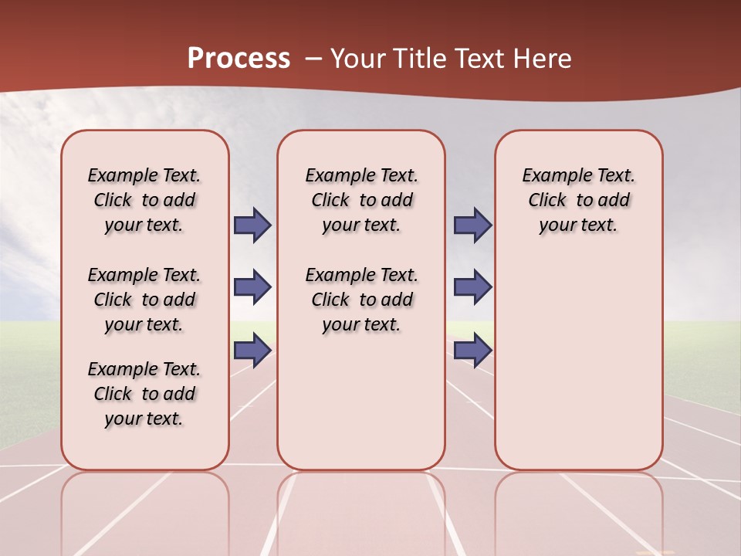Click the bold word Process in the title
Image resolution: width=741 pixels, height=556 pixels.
[x=239, y=59]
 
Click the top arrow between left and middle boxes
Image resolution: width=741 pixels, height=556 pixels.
[x=252, y=225]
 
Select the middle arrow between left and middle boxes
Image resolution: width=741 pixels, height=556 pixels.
[x=252, y=287]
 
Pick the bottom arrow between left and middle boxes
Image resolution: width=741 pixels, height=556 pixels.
[x=252, y=351]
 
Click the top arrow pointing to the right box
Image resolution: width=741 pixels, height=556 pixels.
[x=472, y=225]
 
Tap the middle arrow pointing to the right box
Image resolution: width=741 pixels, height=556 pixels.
[x=472, y=287]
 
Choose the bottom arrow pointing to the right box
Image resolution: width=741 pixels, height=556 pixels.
[x=472, y=351]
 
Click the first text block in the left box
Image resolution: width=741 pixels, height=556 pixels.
[x=144, y=200]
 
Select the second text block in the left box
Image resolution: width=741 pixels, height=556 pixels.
[x=144, y=300]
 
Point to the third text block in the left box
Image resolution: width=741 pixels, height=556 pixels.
[x=144, y=394]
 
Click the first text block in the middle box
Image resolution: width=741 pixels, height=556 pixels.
[x=361, y=200]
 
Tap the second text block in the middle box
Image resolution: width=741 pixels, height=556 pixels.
[x=361, y=300]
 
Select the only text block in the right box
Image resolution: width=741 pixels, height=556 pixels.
[x=578, y=200]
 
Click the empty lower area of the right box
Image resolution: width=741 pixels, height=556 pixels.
[x=578, y=371]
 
